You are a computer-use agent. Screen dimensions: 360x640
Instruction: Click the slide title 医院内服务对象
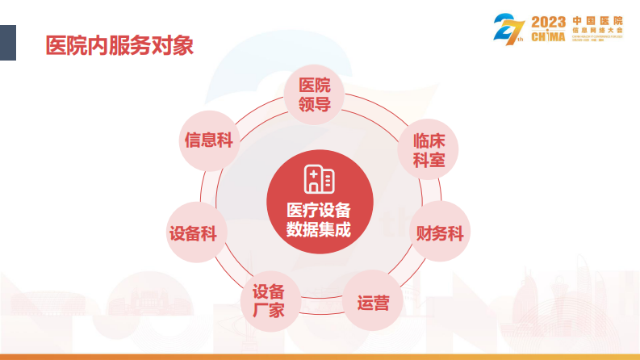click(x=120, y=44)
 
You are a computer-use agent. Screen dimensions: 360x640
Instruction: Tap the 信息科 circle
click(x=208, y=140)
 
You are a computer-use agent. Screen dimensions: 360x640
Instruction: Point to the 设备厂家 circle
click(x=268, y=300)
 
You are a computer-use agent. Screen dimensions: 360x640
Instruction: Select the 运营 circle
click(x=373, y=303)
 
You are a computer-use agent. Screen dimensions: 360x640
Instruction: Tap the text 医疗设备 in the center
click(x=320, y=210)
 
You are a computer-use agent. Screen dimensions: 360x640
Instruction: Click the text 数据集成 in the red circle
click(x=320, y=229)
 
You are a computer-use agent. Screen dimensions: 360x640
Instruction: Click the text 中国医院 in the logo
click(x=597, y=19)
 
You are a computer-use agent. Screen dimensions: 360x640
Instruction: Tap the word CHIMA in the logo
click(x=549, y=36)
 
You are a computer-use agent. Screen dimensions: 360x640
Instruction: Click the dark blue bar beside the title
click(x=7, y=43)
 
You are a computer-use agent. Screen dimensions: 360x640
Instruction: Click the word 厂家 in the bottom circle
click(x=268, y=310)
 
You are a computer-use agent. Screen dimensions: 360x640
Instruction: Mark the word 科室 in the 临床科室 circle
click(x=429, y=159)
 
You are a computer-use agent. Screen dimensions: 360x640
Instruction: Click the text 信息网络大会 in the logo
click(x=597, y=30)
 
